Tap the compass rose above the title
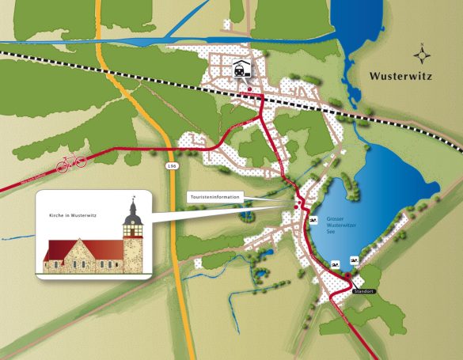click(425, 55)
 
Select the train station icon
click(238, 69)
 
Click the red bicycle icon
click(71, 163)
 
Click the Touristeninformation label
click(214, 195)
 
